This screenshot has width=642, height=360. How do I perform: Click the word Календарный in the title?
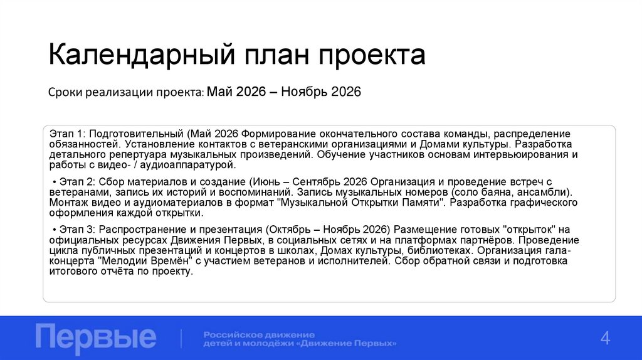pyautogui.click(x=137, y=55)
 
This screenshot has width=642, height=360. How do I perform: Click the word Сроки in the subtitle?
pyautogui.click(x=65, y=93)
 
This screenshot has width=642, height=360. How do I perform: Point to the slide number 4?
pyautogui.click(x=605, y=337)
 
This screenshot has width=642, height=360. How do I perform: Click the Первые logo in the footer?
pyautogui.click(x=96, y=337)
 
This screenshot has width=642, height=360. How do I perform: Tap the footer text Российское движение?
pyautogui.click(x=259, y=334)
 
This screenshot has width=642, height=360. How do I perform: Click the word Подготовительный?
pyautogui.click(x=139, y=134)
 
